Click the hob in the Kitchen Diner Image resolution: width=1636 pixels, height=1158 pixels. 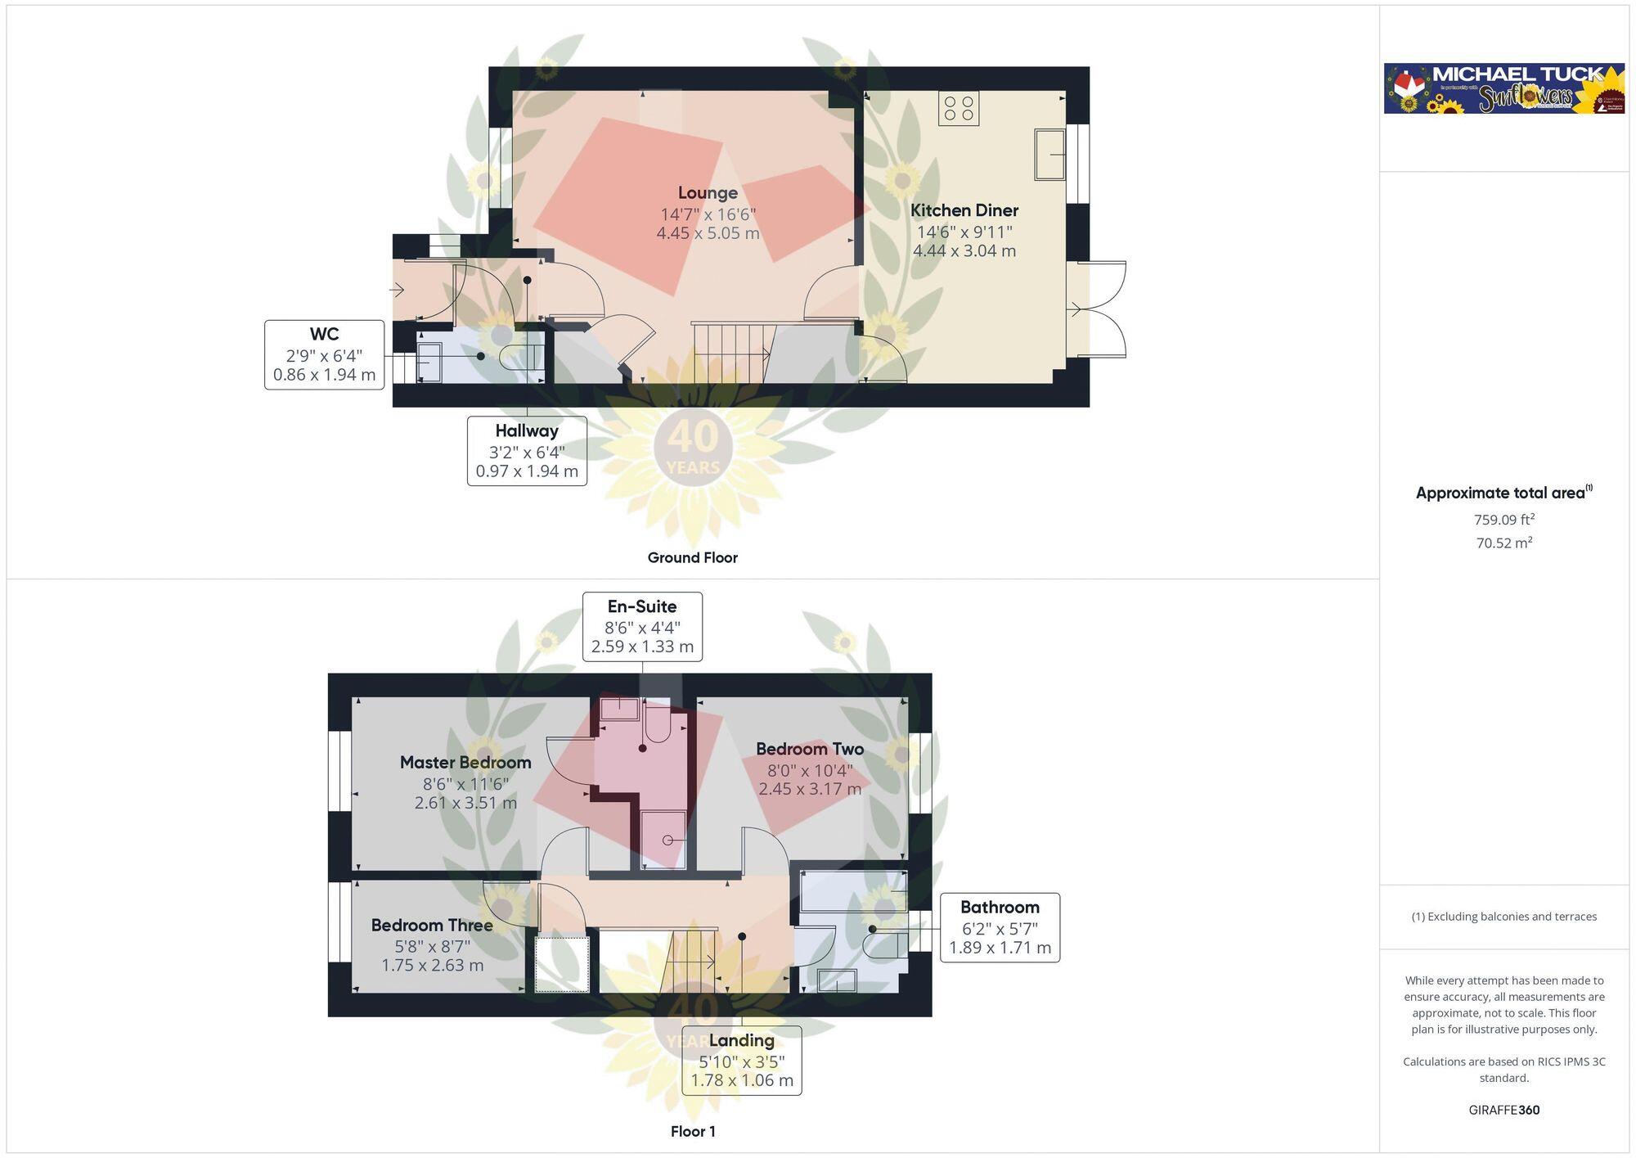click(x=959, y=108)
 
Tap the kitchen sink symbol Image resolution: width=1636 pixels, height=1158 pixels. click(x=1049, y=154)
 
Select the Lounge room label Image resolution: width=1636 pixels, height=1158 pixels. click(x=708, y=193)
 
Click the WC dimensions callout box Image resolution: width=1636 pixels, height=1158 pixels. click(x=324, y=354)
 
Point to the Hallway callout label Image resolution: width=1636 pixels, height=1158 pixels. click(x=527, y=451)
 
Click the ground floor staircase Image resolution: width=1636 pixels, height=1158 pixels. click(x=732, y=353)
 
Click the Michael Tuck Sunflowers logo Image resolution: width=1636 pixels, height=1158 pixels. click(x=1503, y=88)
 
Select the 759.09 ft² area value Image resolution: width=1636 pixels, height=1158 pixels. click(x=1503, y=520)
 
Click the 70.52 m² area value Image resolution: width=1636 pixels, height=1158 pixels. click(x=1503, y=543)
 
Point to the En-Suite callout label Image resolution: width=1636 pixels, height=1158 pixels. click(x=642, y=626)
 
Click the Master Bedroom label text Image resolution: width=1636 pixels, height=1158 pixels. click(x=465, y=763)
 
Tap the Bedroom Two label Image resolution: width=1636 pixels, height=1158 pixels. click(x=809, y=749)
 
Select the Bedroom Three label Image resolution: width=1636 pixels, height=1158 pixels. click(x=432, y=926)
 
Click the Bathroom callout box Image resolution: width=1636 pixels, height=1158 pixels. click(x=1000, y=927)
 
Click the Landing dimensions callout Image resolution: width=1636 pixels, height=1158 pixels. click(x=742, y=1061)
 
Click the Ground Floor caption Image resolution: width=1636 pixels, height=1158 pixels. click(x=692, y=558)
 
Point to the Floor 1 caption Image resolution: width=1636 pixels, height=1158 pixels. click(x=693, y=1132)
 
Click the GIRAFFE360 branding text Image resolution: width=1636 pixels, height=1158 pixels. click(x=1503, y=1111)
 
